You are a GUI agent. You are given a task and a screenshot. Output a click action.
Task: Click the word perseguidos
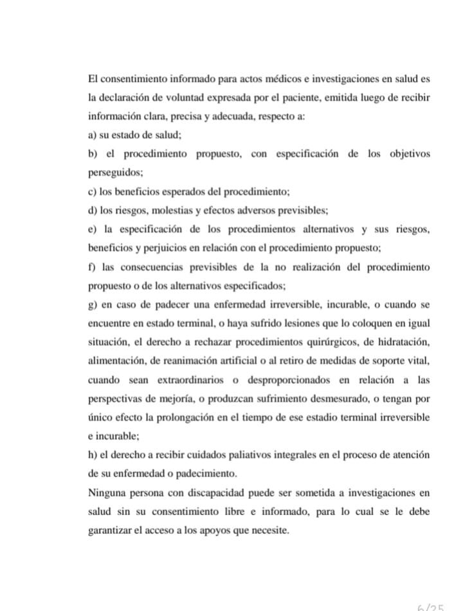point(111,173)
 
